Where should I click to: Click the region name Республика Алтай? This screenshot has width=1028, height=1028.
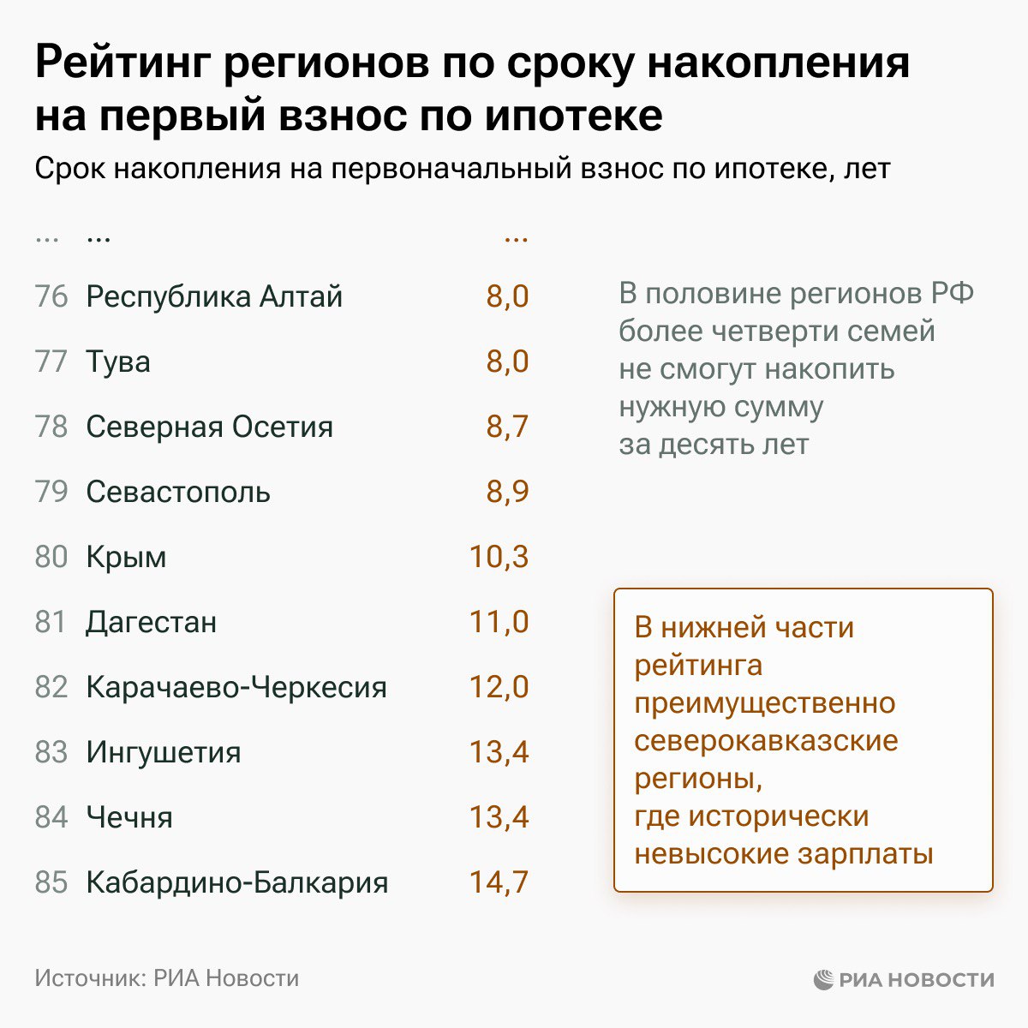(x=214, y=296)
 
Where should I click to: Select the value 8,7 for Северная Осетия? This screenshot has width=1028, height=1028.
(x=507, y=427)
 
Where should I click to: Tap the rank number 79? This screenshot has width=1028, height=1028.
(x=51, y=492)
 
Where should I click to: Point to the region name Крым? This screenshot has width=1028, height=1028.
(x=126, y=557)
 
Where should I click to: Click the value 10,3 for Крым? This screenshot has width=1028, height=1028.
(x=499, y=557)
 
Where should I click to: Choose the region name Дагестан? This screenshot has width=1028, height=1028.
(x=151, y=622)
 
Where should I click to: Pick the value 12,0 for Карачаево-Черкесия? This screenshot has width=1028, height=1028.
(x=499, y=687)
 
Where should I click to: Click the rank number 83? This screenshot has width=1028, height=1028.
(x=51, y=752)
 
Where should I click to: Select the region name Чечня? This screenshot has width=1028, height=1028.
(x=129, y=817)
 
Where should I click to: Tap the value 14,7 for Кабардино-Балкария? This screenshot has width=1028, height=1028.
(x=499, y=882)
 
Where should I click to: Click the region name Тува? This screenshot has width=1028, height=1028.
(x=118, y=362)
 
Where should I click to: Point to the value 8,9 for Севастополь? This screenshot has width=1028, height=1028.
(x=507, y=492)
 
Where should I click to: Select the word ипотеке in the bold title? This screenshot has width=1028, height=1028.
(x=573, y=117)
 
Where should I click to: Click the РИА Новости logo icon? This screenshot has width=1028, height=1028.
(x=823, y=979)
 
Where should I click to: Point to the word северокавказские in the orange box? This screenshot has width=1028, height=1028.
(x=766, y=741)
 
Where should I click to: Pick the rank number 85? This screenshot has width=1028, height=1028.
(x=51, y=882)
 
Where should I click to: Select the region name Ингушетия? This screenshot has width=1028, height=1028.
(x=164, y=752)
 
